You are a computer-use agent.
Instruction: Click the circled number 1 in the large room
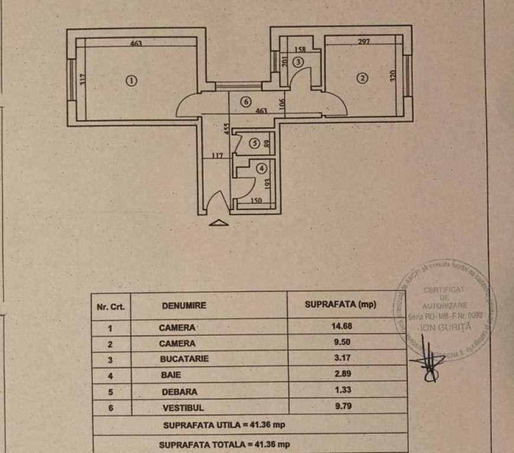132,80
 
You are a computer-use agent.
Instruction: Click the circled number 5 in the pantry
254,143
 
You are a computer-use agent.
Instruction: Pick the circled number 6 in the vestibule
246,102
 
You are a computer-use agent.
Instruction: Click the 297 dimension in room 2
364,41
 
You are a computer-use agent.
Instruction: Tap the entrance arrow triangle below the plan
218,222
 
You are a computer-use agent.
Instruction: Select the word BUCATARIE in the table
184,358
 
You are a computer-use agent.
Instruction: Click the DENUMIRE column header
184,306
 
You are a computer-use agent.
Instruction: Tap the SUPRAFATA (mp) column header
340,305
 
